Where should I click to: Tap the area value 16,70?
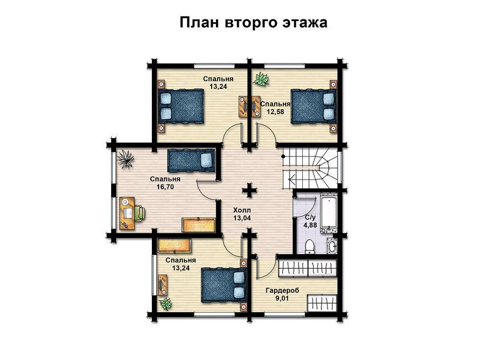click(165, 187)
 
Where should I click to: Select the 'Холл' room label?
click(242, 210)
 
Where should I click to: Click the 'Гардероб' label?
click(282, 290)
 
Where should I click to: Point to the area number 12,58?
click(275, 112)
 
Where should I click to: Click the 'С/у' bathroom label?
click(310, 218)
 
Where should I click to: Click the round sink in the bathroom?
click(331, 245)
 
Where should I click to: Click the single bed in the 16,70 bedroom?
click(191, 160)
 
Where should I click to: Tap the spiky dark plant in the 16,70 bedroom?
click(125, 159)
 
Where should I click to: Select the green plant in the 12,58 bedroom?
click(261, 79)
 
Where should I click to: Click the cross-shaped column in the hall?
click(250, 190)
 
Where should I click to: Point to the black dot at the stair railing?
click(283, 156)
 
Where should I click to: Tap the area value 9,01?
click(282, 298)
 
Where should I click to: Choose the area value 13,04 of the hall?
click(242, 218)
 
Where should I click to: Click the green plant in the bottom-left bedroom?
click(166, 304)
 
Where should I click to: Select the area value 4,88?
click(310, 225)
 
